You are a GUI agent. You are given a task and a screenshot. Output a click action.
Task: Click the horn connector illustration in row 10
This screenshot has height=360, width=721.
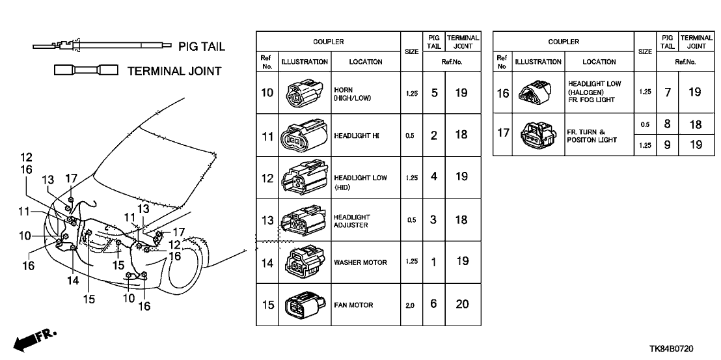click(x=299, y=93)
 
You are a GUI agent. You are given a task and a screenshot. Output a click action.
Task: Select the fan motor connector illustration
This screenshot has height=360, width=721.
click(x=299, y=305)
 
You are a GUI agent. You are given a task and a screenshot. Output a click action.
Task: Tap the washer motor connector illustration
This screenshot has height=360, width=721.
click(x=299, y=262)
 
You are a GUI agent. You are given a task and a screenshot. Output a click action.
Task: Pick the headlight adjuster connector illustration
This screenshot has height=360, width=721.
click(x=299, y=220)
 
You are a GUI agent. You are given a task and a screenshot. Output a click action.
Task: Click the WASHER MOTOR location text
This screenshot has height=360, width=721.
click(x=360, y=263)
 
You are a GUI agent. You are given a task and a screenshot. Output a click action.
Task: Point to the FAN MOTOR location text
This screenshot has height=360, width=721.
click(x=353, y=305)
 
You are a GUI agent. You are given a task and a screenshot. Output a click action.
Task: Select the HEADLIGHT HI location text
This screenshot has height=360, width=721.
click(x=356, y=136)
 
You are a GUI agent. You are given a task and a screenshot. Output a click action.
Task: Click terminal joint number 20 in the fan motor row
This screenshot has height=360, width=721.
click(x=461, y=305)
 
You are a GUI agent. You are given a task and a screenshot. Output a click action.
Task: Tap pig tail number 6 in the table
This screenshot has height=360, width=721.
click(x=433, y=305)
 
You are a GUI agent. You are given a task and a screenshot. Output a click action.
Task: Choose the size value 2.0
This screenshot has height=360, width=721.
click(x=410, y=305)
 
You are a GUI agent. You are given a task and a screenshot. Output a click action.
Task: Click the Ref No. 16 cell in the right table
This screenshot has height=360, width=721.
click(x=502, y=93)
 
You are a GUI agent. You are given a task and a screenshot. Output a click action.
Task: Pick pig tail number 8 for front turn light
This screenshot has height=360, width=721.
click(x=667, y=123)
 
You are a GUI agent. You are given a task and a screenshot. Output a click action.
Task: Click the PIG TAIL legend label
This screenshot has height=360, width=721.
click(x=202, y=47)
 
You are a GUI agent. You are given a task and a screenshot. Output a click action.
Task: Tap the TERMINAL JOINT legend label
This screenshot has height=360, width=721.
click(x=174, y=71)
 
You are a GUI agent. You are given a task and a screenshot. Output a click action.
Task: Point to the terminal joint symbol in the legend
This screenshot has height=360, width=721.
click(x=86, y=70)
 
